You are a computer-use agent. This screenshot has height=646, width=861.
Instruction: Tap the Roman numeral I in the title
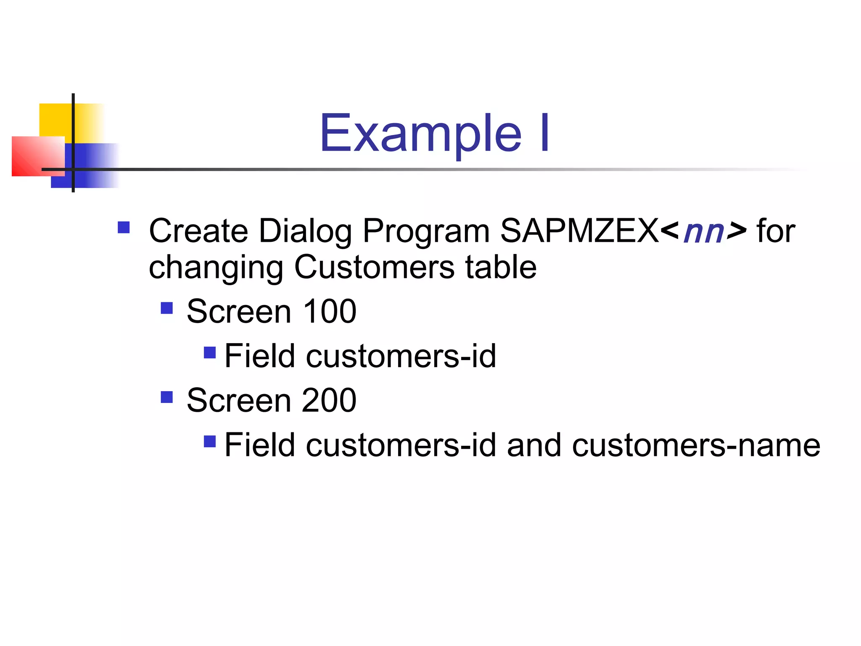pos(544,134)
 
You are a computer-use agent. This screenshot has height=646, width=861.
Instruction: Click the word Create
pos(198,231)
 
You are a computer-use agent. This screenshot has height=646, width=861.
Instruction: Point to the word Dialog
pos(305,231)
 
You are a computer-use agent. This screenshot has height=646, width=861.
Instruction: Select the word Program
pos(426,231)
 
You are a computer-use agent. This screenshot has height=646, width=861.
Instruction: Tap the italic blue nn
pos(704,233)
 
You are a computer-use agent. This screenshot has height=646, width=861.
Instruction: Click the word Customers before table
pos(374,267)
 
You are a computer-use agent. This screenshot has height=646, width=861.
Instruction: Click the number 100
pos(330,312)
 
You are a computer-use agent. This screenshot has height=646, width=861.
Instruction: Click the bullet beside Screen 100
pos(167,308)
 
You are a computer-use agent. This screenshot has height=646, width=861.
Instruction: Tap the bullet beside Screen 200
pos(167,397)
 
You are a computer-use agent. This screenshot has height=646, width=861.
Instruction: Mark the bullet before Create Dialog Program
pos(124,228)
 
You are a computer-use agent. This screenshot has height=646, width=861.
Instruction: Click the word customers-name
pos(696,445)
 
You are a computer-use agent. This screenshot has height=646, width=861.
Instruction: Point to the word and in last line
pos(534,445)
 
